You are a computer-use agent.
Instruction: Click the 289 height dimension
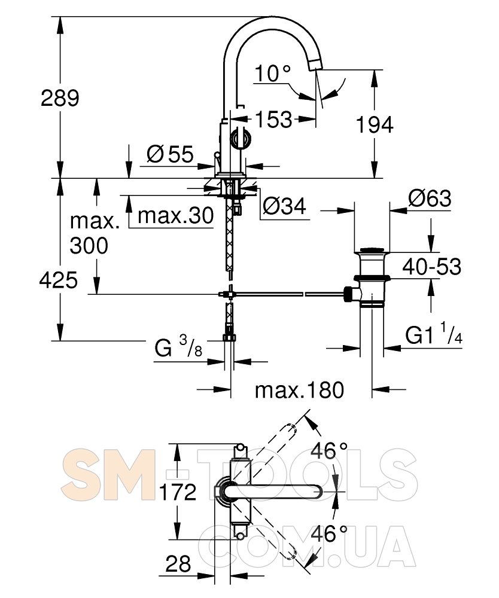tap(60, 98)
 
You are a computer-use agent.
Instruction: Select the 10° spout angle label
tap(272, 73)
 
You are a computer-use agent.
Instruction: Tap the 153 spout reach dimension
tap(273, 120)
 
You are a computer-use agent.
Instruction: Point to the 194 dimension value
tap(375, 125)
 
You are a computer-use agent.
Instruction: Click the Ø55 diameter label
tap(170, 154)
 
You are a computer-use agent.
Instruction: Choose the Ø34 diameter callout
tap(284, 206)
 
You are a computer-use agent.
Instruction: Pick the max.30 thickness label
tap(175, 216)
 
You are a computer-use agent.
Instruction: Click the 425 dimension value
tap(59, 280)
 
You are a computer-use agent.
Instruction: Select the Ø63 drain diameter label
tap(430, 199)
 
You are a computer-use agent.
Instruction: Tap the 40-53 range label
tap(432, 266)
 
